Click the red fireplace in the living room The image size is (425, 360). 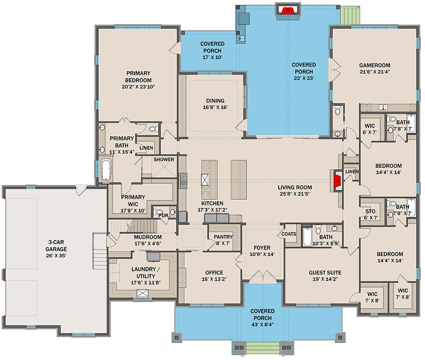pos(338,181)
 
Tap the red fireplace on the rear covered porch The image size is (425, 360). pos(288,10)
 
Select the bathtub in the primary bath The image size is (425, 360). pos(106,170)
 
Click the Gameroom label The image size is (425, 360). pos(374,65)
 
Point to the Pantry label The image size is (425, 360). pos(223,237)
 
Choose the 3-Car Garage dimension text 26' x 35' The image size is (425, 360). pos(56,256)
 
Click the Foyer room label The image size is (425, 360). pos(262,248)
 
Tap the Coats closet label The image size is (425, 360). pos(289,234)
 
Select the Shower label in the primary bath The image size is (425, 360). pos(164,159)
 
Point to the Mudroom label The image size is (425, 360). pos(148,237)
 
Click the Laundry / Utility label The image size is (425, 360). pos(145,273)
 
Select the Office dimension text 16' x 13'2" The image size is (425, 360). pos(214,279)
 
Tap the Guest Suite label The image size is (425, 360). pos(325,273)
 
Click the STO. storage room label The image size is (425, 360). pos(371,211)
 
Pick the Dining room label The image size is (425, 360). pos(215,101)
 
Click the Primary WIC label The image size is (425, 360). pos(133,200)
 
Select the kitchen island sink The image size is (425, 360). pos(205,180)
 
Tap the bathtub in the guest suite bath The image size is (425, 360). pos(307,237)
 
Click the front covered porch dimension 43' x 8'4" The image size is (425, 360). pos(263,324)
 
